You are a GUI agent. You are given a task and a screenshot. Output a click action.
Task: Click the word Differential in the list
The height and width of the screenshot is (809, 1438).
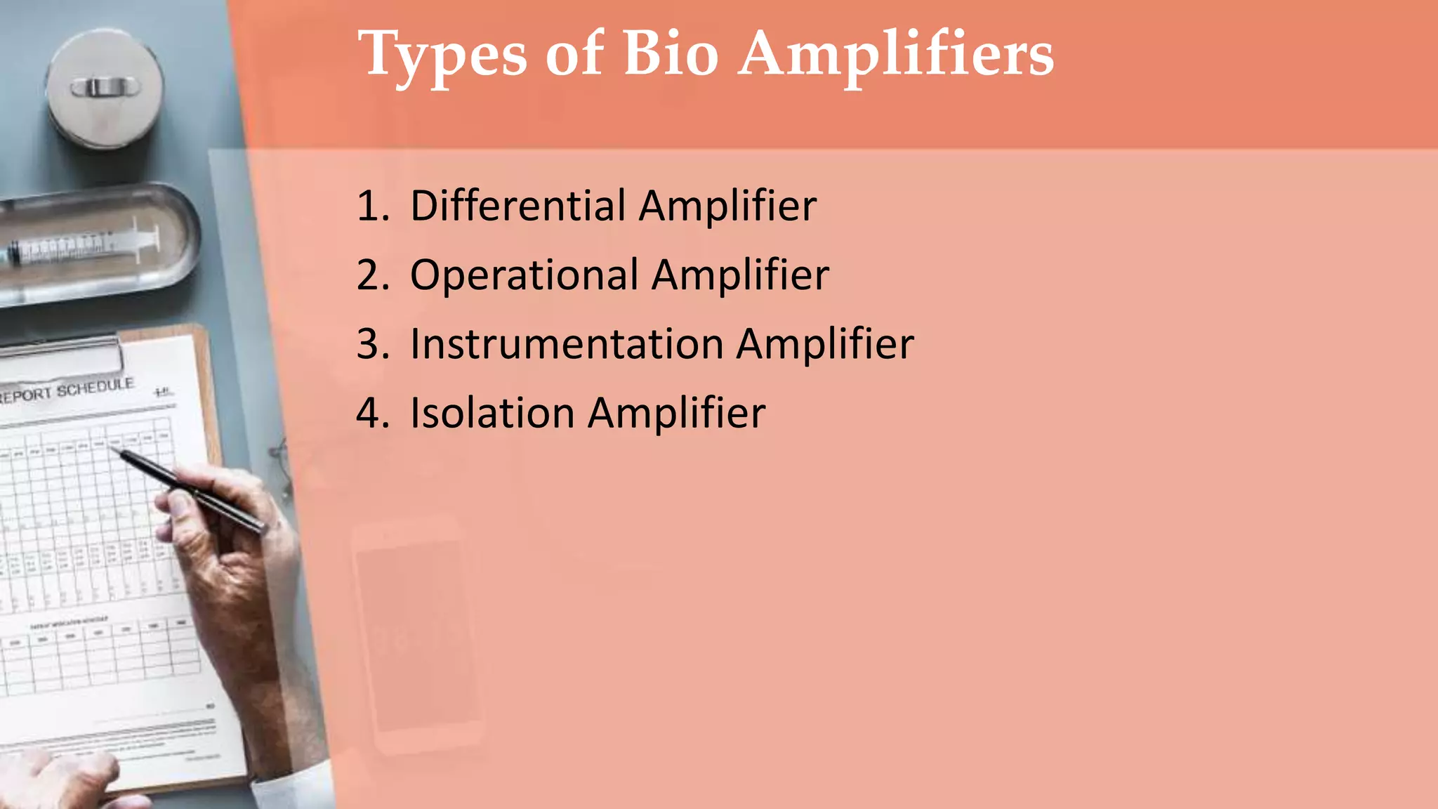click(x=518, y=206)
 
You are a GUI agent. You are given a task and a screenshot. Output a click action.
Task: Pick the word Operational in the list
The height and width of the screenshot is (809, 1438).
click(x=524, y=275)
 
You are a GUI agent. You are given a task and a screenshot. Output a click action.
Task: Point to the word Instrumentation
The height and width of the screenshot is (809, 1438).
click(x=566, y=344)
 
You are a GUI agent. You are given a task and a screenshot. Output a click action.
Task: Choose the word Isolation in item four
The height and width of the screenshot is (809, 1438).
click(x=492, y=413)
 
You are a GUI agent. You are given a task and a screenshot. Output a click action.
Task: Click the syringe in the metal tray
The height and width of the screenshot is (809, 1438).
click(x=84, y=246)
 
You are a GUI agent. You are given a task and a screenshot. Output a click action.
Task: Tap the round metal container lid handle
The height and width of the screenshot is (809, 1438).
click(x=105, y=88)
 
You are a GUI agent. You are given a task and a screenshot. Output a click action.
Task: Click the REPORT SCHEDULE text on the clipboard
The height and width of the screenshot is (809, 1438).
click(x=67, y=390)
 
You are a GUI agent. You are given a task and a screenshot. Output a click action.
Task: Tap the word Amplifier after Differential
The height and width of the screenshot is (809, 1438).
click(x=727, y=206)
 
